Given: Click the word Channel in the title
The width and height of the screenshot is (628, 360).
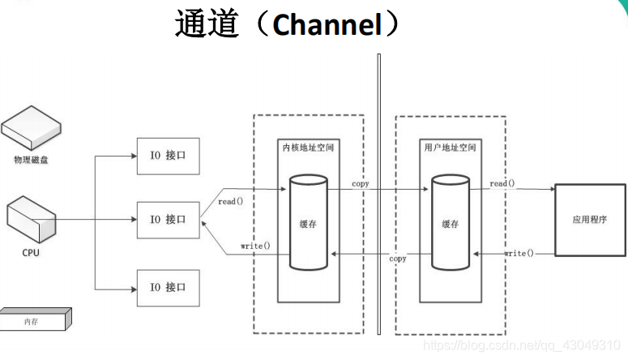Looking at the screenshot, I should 327,24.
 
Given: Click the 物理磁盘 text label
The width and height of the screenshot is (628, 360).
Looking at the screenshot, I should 31,161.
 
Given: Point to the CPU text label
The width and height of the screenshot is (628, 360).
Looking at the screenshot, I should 31,253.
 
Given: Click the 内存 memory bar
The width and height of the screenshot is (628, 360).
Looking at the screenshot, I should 34,321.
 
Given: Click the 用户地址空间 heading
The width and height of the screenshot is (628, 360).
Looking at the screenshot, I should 450,148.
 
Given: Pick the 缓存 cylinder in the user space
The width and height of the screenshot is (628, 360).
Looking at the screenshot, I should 451,223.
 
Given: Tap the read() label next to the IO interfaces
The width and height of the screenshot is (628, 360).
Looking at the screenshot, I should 232,201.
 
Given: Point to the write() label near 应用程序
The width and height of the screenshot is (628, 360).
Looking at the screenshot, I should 519,253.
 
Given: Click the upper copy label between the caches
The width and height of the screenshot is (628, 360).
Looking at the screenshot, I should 361,184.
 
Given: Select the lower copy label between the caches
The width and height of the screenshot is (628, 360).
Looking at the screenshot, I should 398,259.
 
